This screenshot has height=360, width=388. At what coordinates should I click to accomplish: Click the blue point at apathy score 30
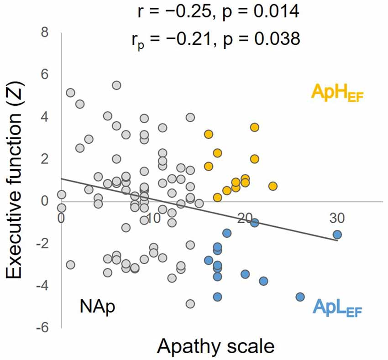[x=337, y=235]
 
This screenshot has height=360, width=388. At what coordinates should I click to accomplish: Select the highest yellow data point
[x=255, y=127]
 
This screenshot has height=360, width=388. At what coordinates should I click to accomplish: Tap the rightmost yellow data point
[x=273, y=186]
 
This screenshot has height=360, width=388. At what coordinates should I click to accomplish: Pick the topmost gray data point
[x=116, y=85]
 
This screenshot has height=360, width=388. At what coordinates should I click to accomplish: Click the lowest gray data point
[x=190, y=304]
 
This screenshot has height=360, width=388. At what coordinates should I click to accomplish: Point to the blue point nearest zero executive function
[x=255, y=223]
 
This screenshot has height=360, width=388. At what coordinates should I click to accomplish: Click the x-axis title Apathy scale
[x=216, y=347]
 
